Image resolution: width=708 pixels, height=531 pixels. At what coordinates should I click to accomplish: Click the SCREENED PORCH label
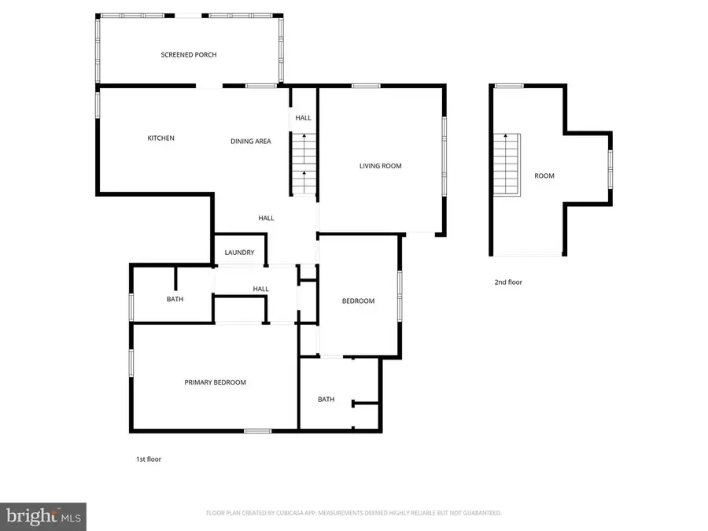coord(188,55)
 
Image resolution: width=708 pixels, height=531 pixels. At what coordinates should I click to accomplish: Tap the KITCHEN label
coord(160,138)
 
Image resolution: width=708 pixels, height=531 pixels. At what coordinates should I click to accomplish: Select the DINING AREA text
coord(250,142)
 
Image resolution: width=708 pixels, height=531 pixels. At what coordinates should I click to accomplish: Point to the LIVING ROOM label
coord(380,166)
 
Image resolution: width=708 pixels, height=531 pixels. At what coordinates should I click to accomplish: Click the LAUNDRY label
coord(239,253)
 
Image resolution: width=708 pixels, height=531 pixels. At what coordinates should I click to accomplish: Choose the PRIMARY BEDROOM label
coord(215,382)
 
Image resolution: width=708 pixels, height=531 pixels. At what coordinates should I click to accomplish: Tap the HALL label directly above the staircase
coord(303,118)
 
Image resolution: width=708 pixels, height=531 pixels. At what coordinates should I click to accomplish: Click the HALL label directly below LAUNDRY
coord(260,289)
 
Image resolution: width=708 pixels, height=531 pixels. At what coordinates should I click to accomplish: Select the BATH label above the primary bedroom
coord(174,299)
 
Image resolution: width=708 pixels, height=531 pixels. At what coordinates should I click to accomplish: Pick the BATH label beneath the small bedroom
coord(326,400)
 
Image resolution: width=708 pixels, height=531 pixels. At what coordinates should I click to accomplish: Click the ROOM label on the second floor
coord(544,176)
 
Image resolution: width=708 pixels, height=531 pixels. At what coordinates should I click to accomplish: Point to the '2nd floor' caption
coord(508,282)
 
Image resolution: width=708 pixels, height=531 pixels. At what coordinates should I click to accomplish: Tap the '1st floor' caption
coord(148,459)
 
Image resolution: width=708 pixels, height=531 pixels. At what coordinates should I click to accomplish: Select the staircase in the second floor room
coord(507,165)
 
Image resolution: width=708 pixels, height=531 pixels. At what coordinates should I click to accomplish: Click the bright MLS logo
coord(43,517)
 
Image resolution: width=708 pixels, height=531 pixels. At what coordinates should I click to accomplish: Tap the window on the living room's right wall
coord(444,157)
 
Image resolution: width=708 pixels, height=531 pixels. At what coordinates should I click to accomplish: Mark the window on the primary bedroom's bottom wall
coord(257,430)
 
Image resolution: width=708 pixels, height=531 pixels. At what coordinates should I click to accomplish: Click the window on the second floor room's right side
coord(610,168)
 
